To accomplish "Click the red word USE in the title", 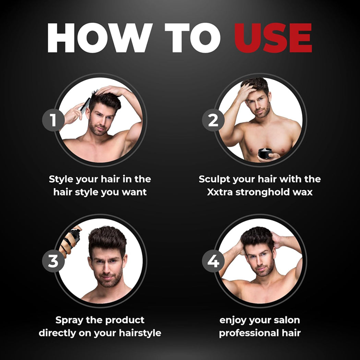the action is [273, 38].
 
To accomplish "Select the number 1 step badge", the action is [53, 120].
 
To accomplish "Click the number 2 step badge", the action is [213, 120].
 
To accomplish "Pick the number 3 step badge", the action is [53, 261].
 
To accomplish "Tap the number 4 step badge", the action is [213, 261].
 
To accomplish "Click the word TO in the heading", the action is [192, 38].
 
